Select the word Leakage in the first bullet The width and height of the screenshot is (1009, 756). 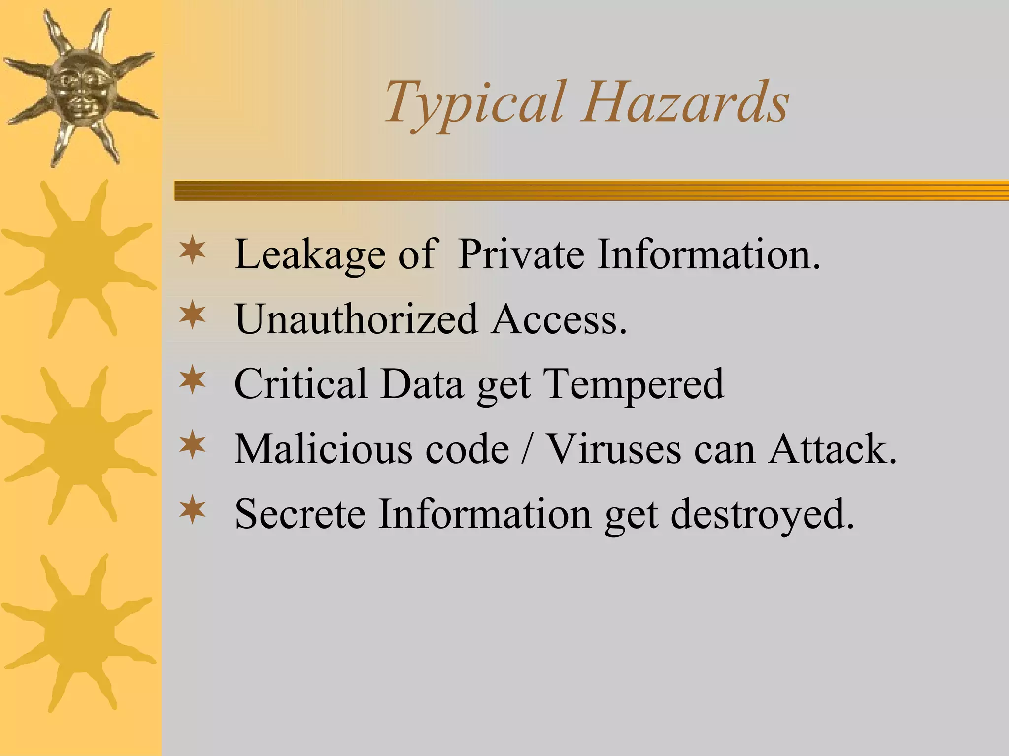[309, 254]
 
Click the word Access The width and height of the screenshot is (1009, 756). [559, 319]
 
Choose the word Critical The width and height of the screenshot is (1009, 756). [301, 383]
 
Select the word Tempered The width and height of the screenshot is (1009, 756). [634, 383]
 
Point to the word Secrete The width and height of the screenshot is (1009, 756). [300, 513]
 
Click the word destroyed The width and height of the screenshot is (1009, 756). [762, 513]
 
